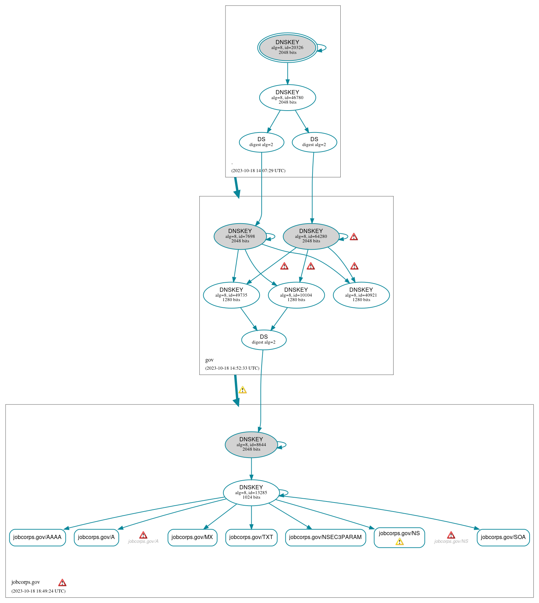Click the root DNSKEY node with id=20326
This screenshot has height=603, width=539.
(x=287, y=48)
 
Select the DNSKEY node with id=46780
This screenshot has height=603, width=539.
(x=287, y=97)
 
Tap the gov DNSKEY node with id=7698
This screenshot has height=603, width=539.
(x=240, y=236)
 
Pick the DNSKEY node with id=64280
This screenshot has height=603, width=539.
(x=311, y=236)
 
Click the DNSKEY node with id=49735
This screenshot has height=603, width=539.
(x=231, y=295)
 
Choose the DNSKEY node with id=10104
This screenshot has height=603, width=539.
(x=296, y=295)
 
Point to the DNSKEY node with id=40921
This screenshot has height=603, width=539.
(x=361, y=295)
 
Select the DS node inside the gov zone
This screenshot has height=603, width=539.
(x=264, y=340)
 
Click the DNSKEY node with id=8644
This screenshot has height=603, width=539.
(x=251, y=444)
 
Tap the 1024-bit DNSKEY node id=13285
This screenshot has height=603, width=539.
(x=251, y=492)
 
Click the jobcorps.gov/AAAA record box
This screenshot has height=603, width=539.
(x=37, y=537)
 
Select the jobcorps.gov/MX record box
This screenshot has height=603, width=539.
(x=192, y=537)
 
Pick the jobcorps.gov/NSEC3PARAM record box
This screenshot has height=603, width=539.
(x=325, y=537)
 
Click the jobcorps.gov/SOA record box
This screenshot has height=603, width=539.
(x=503, y=537)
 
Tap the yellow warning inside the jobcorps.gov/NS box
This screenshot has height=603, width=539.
(x=399, y=542)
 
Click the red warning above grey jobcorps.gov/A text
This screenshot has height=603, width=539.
(x=143, y=535)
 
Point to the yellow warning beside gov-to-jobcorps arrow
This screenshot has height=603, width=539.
(x=243, y=390)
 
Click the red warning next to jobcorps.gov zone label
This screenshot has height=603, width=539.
(x=62, y=582)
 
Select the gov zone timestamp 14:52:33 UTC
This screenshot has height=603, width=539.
(x=232, y=368)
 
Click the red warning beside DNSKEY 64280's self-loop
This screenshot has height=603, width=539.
(x=354, y=237)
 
